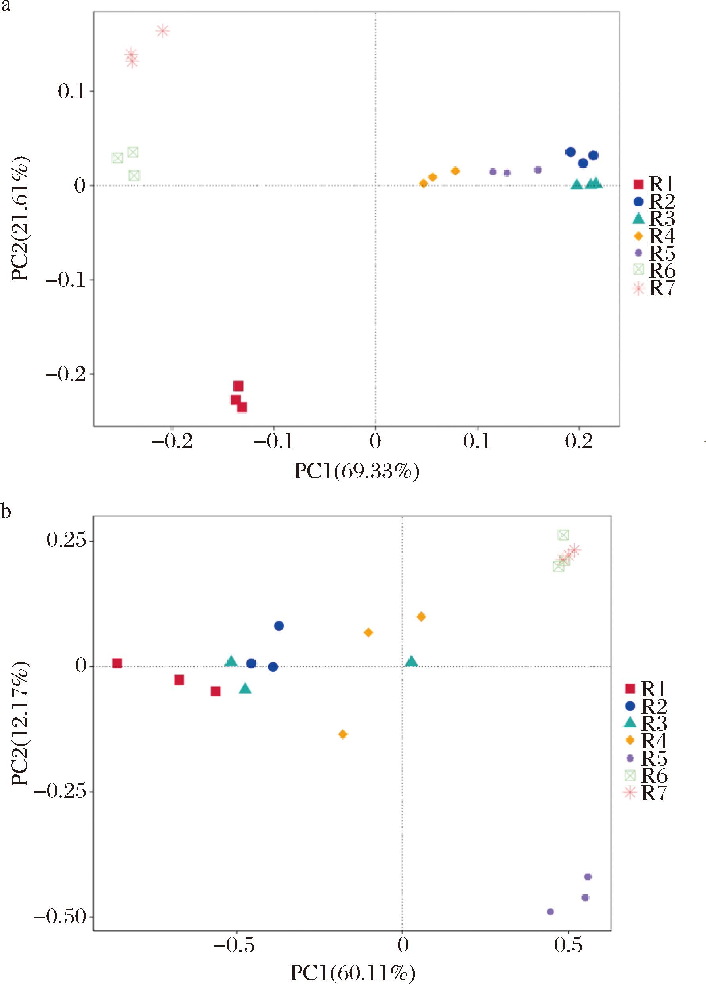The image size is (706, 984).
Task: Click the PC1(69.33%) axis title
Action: tap(357, 472)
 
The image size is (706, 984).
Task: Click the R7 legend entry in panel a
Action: tap(653, 288)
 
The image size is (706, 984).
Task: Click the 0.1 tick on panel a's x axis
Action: tap(477, 442)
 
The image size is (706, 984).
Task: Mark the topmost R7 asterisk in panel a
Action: tap(163, 31)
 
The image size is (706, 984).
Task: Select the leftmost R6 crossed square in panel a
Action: tap(117, 158)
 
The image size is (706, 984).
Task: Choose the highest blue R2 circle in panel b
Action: tap(279, 625)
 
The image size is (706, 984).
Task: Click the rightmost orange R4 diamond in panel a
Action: tap(455, 171)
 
